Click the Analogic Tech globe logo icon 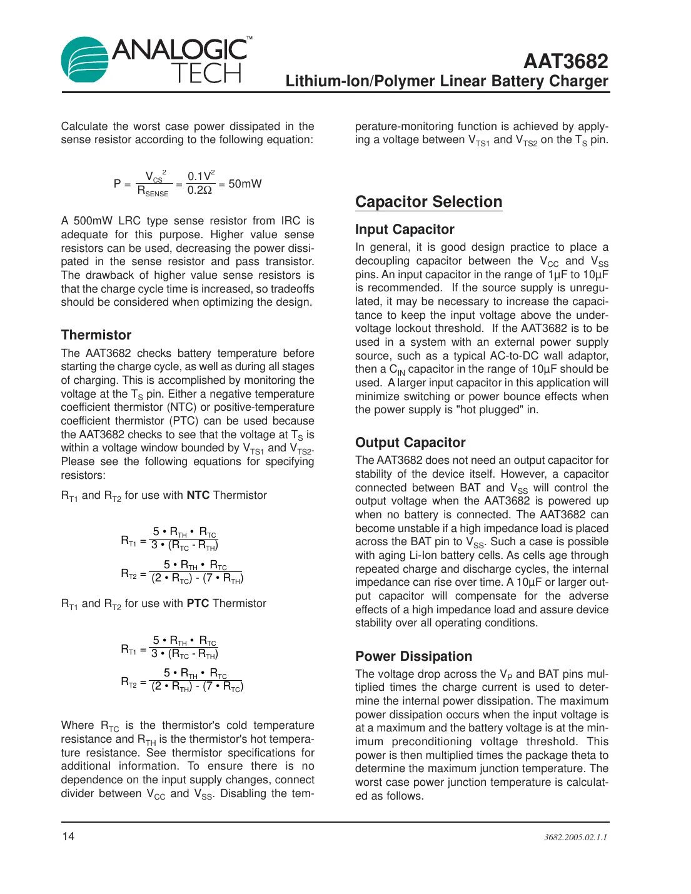(x=85, y=59)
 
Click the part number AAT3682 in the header (x=565, y=61)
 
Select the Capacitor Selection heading (x=428, y=202)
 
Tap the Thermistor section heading (x=96, y=335)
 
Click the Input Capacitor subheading (x=405, y=229)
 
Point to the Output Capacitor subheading (x=410, y=443)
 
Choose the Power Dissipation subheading (x=413, y=656)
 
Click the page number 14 (x=68, y=836)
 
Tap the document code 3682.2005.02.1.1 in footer (x=575, y=837)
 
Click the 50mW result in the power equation (x=245, y=184)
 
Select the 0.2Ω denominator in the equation (x=200, y=191)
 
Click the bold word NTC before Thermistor (x=198, y=495)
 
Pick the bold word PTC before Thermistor (x=198, y=603)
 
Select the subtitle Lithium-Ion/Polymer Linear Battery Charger (x=446, y=81)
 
